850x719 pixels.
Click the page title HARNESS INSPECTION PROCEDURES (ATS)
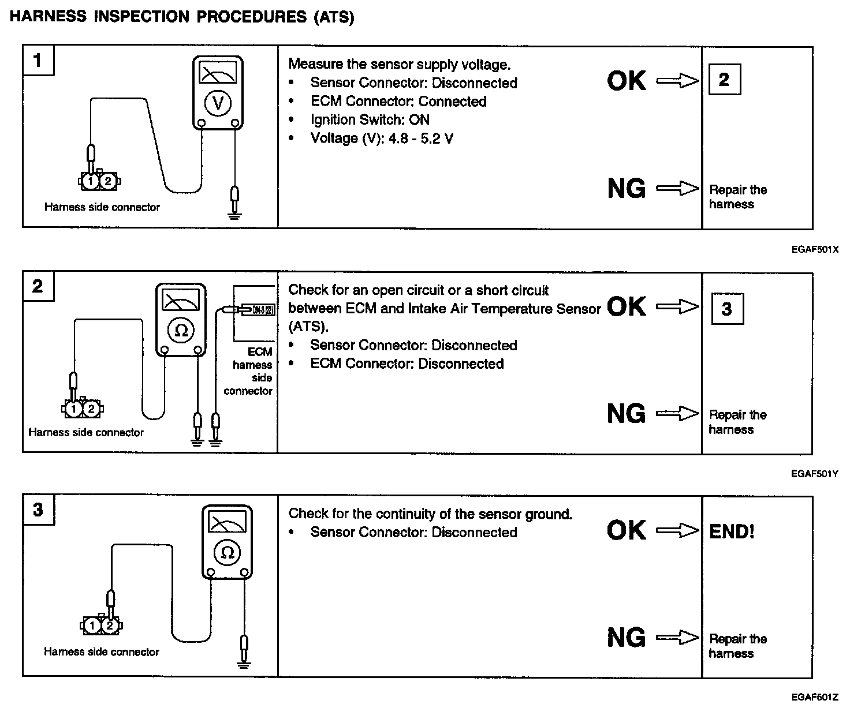click(182, 17)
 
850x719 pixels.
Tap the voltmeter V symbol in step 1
click(218, 103)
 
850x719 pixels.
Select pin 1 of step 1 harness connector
click(91, 182)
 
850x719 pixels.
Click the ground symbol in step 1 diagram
click(234, 215)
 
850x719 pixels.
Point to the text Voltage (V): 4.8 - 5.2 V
click(382, 138)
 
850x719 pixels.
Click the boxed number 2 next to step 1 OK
click(724, 80)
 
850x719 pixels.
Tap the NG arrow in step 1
click(678, 188)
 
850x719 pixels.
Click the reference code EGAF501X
click(815, 249)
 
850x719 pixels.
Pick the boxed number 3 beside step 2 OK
click(726, 309)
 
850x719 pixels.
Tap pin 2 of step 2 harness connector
click(91, 409)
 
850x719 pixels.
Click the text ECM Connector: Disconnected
click(407, 364)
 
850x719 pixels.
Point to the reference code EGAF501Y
click(815, 474)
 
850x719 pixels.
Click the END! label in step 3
click(732, 531)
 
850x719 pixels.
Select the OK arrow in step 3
click(678, 530)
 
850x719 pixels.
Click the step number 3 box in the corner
click(38, 510)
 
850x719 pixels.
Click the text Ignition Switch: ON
click(370, 120)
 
